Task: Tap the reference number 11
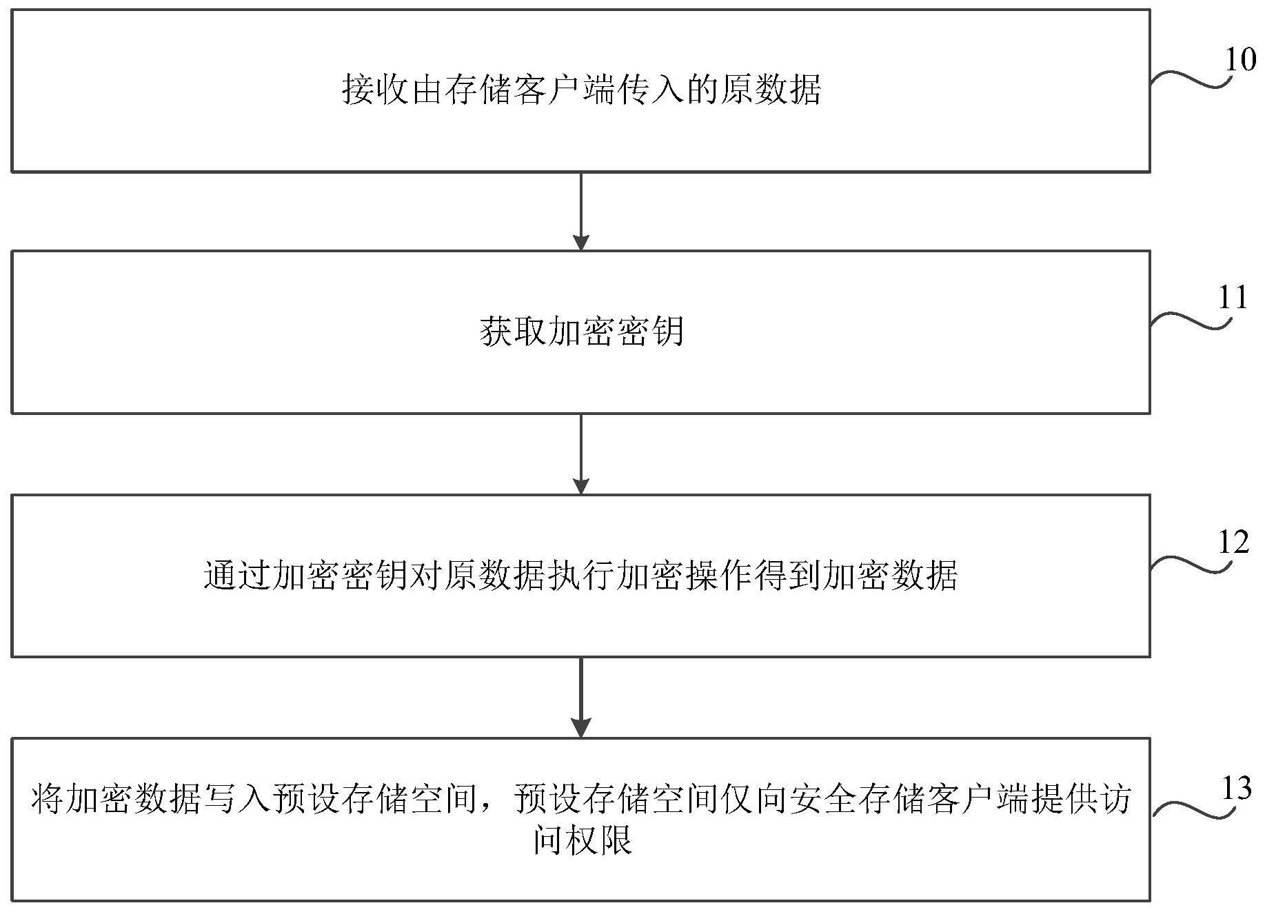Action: pos(1233,298)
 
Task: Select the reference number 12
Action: pos(1234,543)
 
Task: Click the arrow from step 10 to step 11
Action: pos(581,211)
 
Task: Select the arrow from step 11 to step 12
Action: pos(581,454)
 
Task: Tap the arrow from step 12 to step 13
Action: pos(581,698)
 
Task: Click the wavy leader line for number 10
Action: pos(1191,79)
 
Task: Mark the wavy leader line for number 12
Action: pos(1191,564)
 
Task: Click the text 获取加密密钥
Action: pos(581,332)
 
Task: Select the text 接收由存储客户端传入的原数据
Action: pos(581,90)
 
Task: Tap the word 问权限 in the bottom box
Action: pos(583,840)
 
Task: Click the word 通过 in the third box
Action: pos(238,576)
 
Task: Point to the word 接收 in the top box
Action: pos(376,90)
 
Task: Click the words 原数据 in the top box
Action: pos(770,90)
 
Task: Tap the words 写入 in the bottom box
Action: pos(238,800)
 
